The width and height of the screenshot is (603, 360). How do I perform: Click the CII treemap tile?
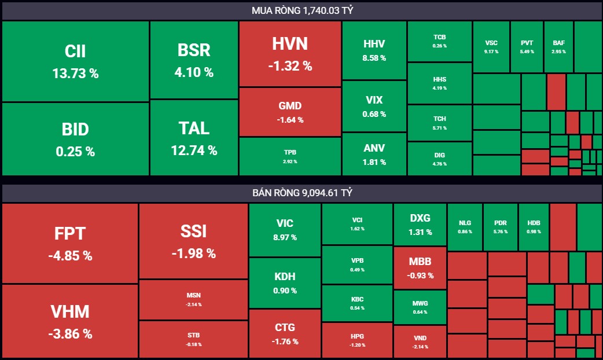75,61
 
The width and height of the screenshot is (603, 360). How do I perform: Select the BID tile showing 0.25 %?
75,139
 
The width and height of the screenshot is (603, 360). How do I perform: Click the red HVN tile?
290,54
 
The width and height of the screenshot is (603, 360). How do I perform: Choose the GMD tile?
290,112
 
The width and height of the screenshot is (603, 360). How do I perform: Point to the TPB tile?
290,156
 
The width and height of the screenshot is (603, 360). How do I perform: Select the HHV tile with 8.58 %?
374,50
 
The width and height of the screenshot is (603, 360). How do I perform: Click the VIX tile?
374,106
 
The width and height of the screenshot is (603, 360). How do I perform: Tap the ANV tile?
374,154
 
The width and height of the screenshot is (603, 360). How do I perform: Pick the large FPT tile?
70,243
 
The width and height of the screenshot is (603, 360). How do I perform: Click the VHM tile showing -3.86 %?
70,321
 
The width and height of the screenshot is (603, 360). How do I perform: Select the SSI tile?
193,241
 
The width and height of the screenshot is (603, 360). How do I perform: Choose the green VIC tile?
285,229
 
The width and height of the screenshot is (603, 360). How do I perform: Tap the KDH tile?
285,282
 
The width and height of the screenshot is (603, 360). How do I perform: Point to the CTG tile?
285,334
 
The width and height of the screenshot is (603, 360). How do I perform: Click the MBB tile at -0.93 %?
420,267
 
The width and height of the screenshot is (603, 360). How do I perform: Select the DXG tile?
420,225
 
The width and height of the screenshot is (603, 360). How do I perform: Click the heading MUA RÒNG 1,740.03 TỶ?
301,10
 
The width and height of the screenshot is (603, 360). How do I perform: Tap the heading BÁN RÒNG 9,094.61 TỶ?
301,193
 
